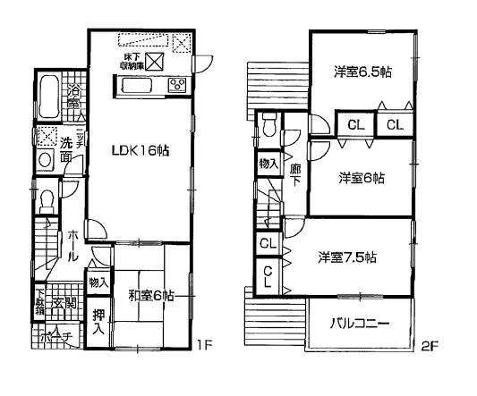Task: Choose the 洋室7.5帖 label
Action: click(x=346, y=258)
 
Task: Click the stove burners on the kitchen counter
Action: click(x=177, y=86)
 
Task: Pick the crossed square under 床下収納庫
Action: click(x=153, y=63)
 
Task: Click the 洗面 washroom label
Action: click(x=67, y=148)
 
